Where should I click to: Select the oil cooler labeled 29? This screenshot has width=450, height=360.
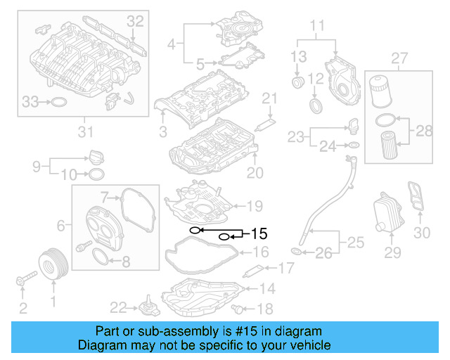tap(384, 210)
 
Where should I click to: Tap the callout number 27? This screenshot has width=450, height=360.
tap(399, 57)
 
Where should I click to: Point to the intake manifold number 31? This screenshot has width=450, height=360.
tap(85, 131)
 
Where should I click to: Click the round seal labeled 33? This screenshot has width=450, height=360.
tap(60, 103)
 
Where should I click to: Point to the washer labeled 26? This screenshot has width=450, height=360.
tap(296, 252)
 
